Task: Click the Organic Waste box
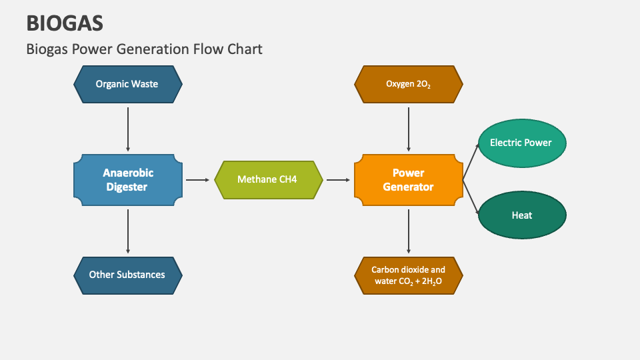point(127,84)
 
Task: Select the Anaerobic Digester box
point(127,179)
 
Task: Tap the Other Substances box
point(127,275)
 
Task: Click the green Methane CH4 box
point(268,179)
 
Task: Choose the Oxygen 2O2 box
point(408,84)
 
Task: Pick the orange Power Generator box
point(408,179)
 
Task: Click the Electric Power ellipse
point(521,143)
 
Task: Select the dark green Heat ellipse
point(521,215)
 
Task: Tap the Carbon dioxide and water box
point(408,275)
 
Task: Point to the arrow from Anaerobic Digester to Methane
point(197,180)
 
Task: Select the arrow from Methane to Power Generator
point(338,180)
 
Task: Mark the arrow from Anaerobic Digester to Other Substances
point(127,230)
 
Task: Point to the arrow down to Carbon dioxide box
point(408,230)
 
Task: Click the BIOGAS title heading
point(65,23)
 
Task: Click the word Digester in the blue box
point(127,187)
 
